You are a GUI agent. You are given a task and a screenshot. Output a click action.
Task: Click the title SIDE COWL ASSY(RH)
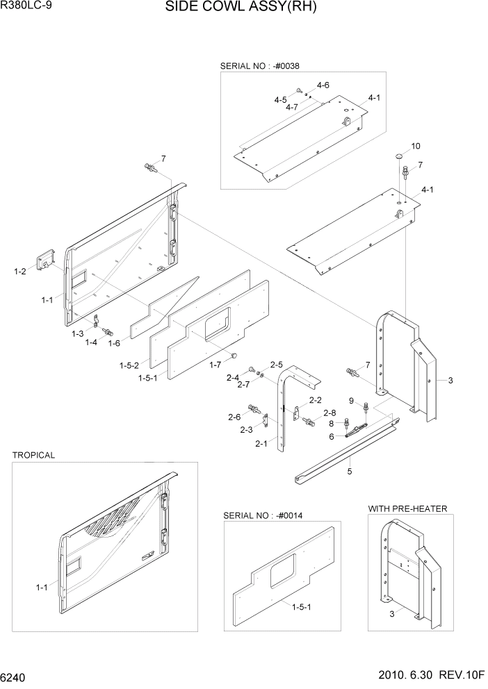[x=241, y=9]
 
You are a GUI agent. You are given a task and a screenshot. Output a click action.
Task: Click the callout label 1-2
[x=20, y=271]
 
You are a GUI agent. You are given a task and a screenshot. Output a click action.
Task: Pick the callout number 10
[x=416, y=146]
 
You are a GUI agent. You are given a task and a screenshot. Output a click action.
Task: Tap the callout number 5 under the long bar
[x=350, y=472]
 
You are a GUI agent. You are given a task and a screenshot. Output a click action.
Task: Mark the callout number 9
[x=352, y=401]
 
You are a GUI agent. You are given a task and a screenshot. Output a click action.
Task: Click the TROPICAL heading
[x=33, y=455]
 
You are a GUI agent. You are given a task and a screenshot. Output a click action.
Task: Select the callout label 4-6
[x=323, y=85]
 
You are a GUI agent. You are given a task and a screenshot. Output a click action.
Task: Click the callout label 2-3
[x=246, y=430]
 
